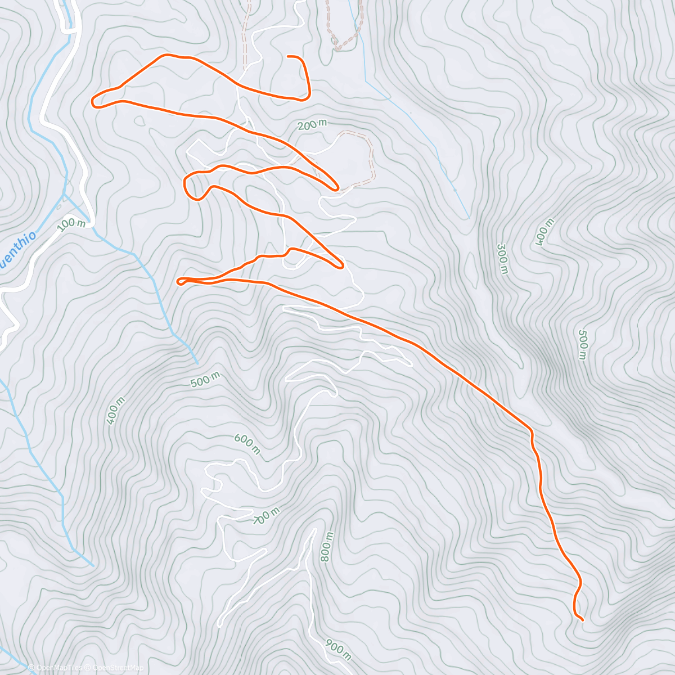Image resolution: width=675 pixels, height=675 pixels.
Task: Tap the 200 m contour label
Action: [311, 125]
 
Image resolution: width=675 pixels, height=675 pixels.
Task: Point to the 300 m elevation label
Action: [502, 259]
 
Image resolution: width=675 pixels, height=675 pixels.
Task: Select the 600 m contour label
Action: [247, 444]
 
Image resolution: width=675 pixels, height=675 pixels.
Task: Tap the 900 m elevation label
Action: [337, 649]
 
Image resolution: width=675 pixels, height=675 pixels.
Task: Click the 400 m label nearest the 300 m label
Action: [544, 232]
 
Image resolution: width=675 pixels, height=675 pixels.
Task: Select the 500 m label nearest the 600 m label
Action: [205, 380]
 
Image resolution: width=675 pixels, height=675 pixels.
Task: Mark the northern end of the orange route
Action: [288, 56]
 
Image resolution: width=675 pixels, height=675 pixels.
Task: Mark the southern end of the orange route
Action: [582, 620]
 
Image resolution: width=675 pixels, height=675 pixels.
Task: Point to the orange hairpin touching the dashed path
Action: [336, 188]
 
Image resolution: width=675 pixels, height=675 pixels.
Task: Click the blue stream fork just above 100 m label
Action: [64, 195]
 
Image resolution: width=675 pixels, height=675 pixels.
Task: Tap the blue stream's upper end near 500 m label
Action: [197, 362]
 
